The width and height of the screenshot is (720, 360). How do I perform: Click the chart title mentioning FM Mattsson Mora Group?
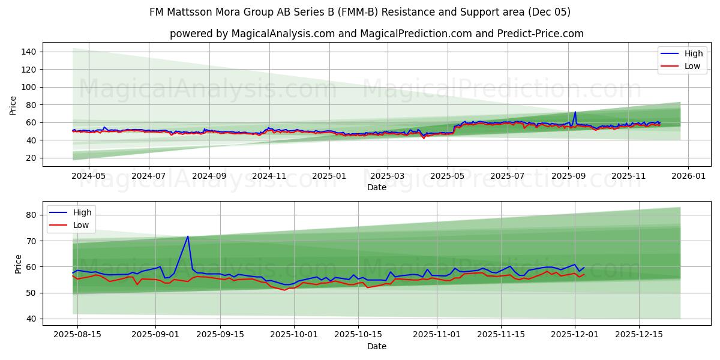(x=360, y=12)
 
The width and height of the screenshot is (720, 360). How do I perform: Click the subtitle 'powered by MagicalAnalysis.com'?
(x=376, y=34)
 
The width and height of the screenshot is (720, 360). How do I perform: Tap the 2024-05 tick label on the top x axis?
(x=88, y=177)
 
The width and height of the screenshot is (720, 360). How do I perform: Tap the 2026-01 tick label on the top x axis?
(x=688, y=177)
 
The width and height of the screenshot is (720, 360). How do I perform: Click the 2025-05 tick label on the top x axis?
(x=447, y=177)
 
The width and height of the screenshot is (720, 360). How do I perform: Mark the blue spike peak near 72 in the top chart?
(x=575, y=112)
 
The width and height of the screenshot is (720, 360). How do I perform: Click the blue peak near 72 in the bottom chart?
(x=188, y=236)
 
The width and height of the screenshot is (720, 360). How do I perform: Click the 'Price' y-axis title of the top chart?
(x=13, y=104)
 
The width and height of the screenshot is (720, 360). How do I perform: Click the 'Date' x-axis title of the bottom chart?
(x=376, y=346)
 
